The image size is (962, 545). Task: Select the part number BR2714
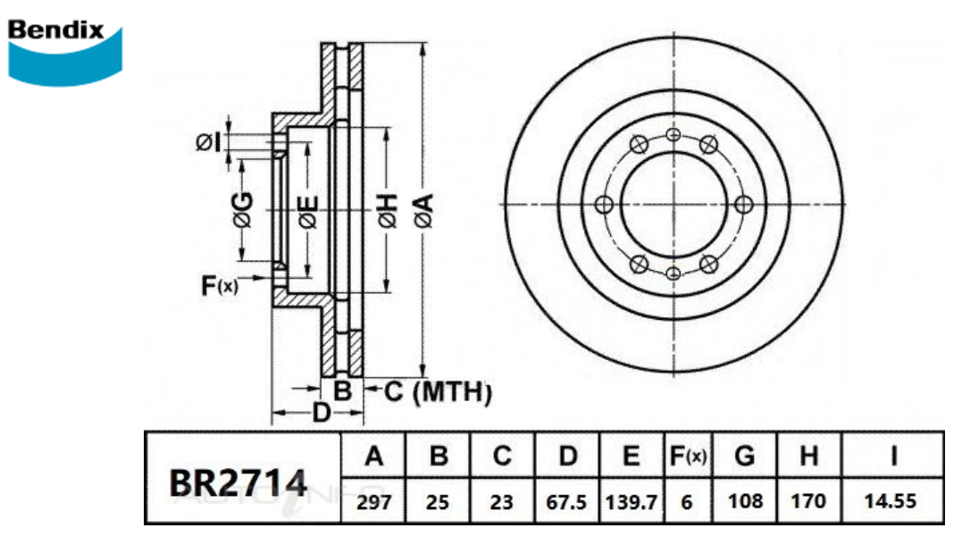[x=238, y=483]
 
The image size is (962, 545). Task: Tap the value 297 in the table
[x=374, y=502]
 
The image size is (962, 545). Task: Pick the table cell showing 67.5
[x=566, y=502]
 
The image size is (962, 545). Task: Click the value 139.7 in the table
[x=632, y=502]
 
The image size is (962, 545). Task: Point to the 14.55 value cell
[x=891, y=502]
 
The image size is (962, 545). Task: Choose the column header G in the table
[x=744, y=457]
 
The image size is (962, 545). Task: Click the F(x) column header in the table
[x=687, y=457]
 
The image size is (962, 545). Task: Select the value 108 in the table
[x=744, y=502]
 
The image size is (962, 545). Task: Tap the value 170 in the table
[x=809, y=502]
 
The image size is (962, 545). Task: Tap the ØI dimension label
[x=208, y=141]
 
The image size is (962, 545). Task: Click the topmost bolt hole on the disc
[x=673, y=134]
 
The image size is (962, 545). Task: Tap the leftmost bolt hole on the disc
[x=603, y=205]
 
